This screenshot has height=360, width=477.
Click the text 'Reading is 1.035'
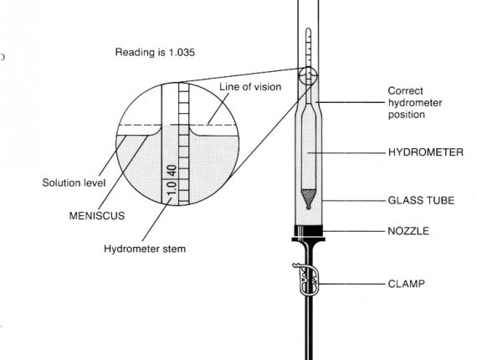pyautogui.click(x=155, y=53)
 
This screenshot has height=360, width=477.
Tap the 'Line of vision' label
pyautogui.click(x=250, y=87)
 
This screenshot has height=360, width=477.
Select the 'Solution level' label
pyautogui.click(x=74, y=183)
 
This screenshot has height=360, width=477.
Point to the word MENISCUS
pyautogui.click(x=97, y=216)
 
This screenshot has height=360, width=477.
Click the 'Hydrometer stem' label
pyautogui.click(x=145, y=249)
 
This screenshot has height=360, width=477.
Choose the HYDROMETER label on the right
pyautogui.click(x=426, y=152)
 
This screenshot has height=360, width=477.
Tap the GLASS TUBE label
pyautogui.click(x=421, y=200)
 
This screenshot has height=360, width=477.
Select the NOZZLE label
pyautogui.click(x=408, y=231)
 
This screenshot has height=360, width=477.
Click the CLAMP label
pyautogui.click(x=406, y=284)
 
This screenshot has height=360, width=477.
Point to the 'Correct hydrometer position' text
pyautogui.click(x=415, y=102)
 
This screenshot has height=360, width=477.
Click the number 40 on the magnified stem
pyautogui.click(x=172, y=171)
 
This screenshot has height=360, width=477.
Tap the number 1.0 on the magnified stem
pyautogui.click(x=172, y=188)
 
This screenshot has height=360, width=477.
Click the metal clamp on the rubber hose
pyautogui.click(x=308, y=280)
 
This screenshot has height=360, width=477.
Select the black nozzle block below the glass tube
pyautogui.click(x=309, y=233)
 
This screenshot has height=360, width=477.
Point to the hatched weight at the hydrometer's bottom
pyautogui.click(x=308, y=198)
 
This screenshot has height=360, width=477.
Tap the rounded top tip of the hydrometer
pyautogui.click(x=308, y=29)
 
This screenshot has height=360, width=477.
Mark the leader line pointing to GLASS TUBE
pyautogui.click(x=354, y=201)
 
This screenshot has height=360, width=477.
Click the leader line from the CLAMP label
pyautogui.click(x=352, y=284)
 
